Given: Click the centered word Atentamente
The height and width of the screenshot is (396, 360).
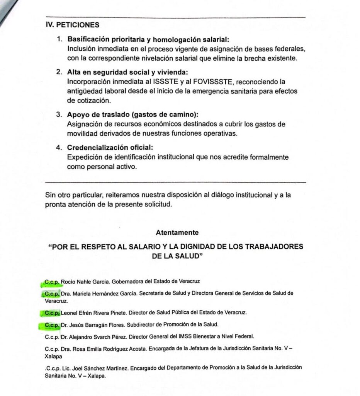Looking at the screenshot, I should pyautogui.click(x=177, y=232).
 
